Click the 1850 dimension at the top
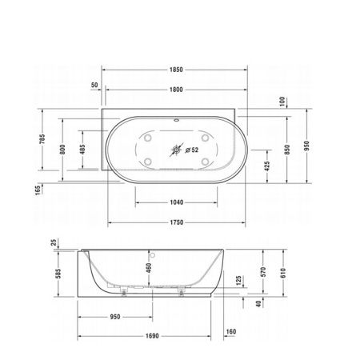pos(175,70)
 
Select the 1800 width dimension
pos(175,90)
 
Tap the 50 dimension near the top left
pos(95,84)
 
